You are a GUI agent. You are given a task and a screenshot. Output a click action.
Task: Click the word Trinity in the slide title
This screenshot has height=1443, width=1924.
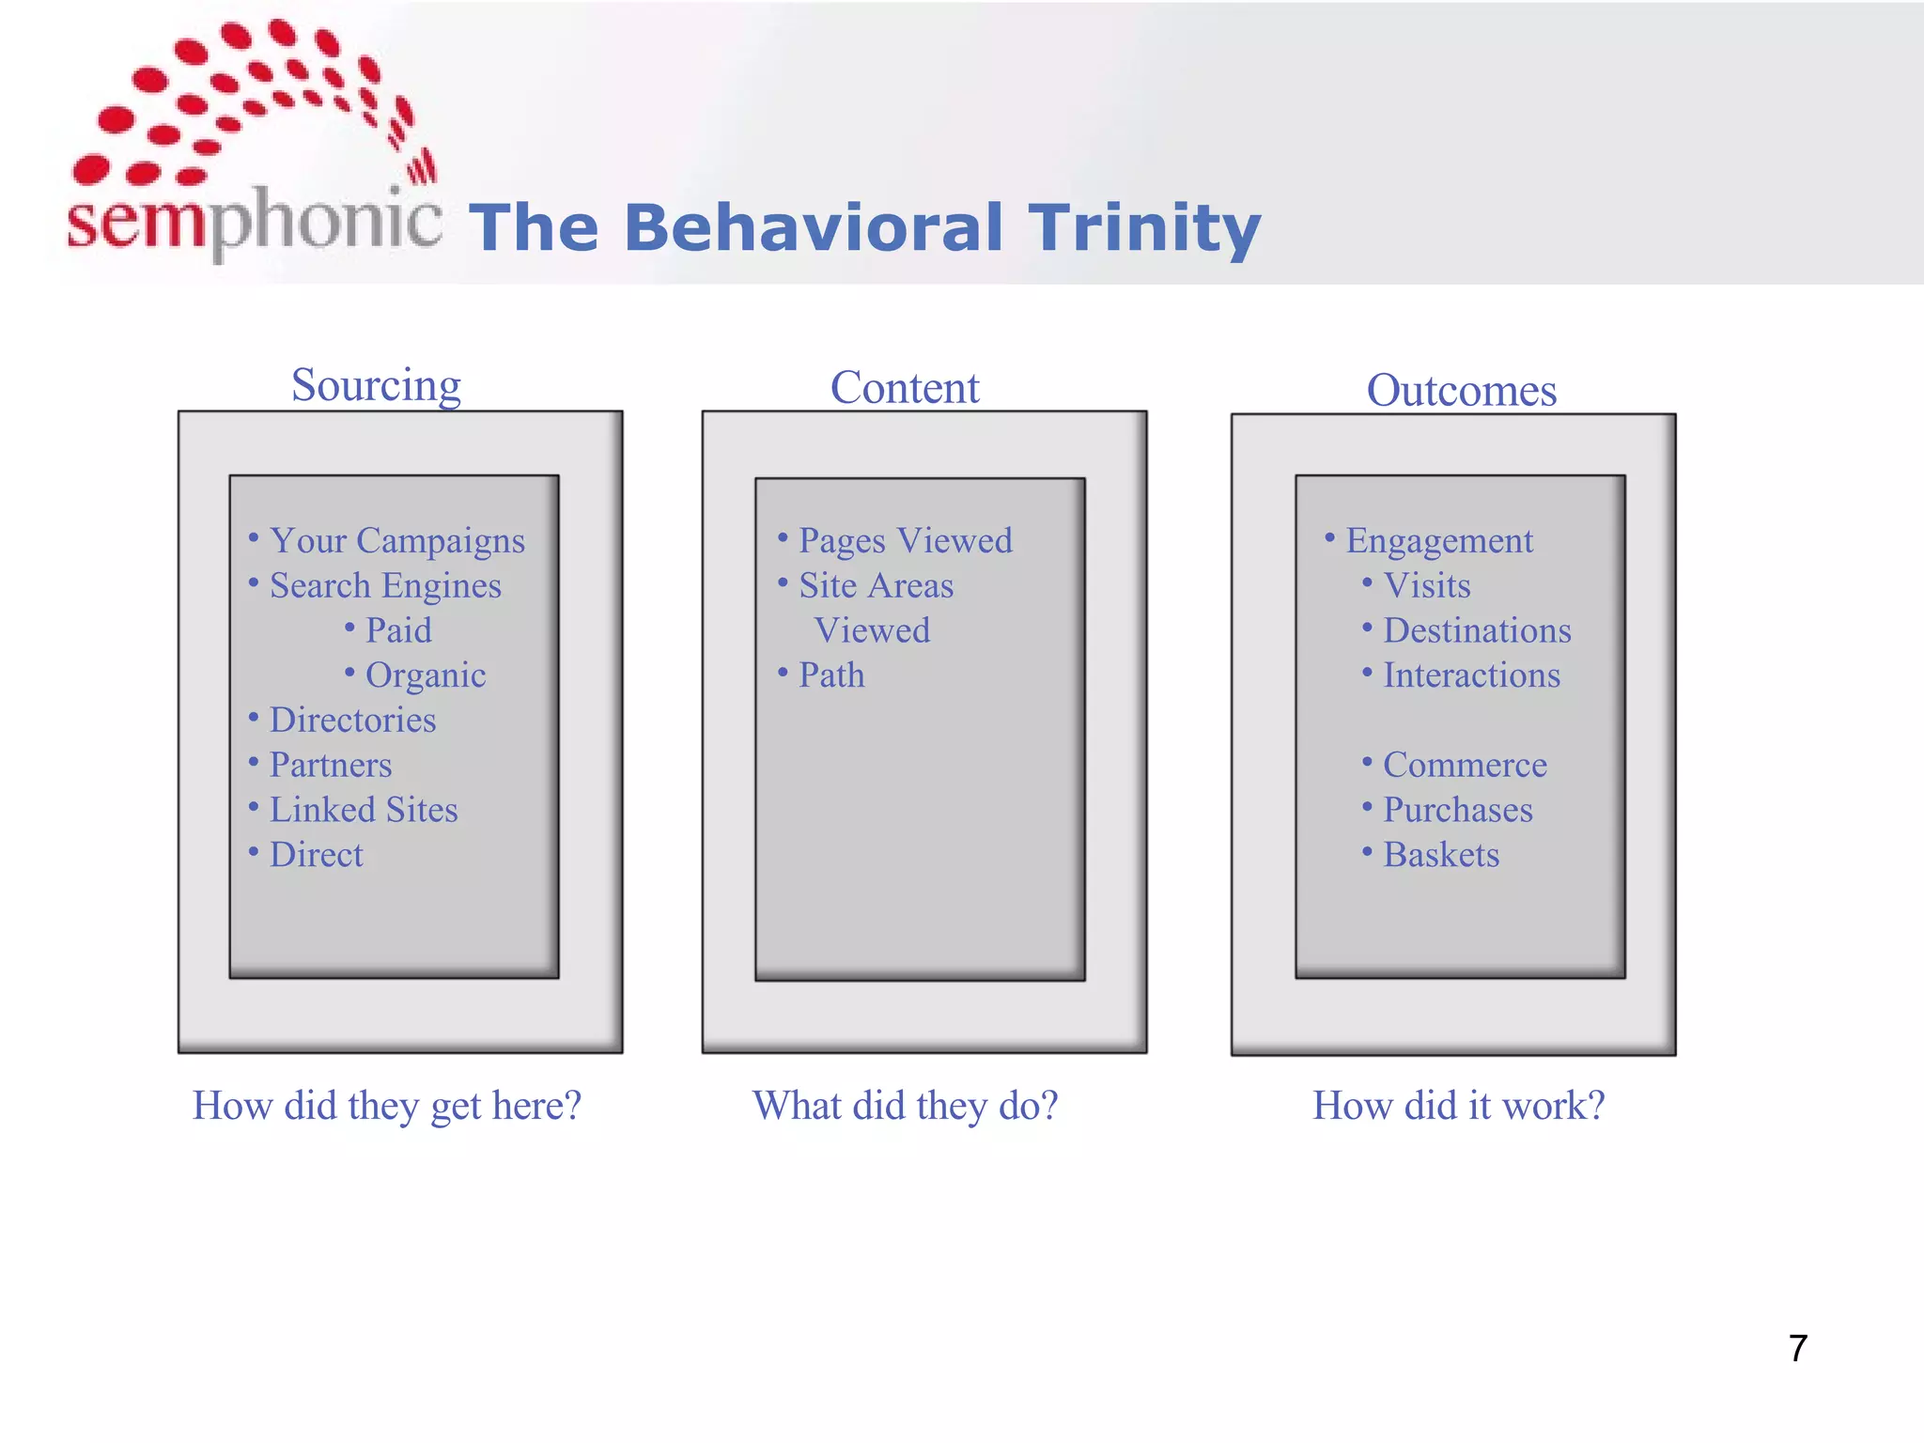(1143, 228)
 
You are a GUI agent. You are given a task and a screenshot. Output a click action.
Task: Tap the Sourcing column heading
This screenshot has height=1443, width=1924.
(376, 385)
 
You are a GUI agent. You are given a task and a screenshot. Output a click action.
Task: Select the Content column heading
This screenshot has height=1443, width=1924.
(905, 388)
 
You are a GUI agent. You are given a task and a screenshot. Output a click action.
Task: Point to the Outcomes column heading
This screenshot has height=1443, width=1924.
(1461, 391)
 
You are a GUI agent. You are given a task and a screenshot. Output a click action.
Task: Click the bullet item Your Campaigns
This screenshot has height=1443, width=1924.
(396, 541)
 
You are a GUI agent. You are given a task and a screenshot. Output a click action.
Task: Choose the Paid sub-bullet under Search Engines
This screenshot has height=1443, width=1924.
(398, 630)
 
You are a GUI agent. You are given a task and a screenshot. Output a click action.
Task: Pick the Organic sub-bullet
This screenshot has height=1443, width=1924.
(425, 675)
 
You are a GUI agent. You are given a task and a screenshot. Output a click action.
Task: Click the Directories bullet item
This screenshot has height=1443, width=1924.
(352, 721)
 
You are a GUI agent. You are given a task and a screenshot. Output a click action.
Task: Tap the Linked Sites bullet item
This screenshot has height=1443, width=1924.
(363, 810)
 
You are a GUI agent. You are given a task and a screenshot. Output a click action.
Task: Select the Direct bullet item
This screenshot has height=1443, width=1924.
(316, 855)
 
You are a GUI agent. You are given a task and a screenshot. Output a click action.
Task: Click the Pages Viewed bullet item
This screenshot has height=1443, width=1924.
(905, 541)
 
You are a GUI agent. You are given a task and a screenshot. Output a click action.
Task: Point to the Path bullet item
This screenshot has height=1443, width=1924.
(831, 675)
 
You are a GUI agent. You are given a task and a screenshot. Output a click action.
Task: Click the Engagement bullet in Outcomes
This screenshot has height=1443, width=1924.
(1438, 541)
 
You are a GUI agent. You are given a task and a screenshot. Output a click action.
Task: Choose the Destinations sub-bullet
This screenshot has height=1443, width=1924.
(1476, 630)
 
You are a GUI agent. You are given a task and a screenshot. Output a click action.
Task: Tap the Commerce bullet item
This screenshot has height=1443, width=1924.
(1464, 765)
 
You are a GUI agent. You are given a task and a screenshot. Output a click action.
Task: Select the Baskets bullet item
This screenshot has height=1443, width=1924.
(1440, 855)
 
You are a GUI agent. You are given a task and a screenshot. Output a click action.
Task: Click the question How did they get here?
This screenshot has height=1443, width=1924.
(387, 1106)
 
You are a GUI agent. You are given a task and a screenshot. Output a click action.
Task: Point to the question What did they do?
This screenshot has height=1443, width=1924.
(905, 1106)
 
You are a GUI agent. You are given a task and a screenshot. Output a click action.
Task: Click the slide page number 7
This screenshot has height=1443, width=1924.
(1797, 1348)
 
